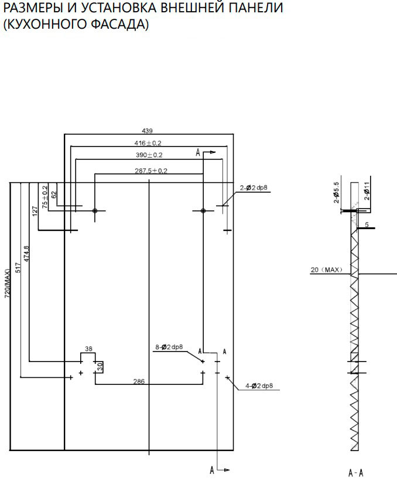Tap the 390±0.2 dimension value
click(149, 155)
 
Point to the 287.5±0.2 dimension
click(151, 171)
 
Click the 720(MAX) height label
click(7, 284)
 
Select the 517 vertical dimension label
click(18, 268)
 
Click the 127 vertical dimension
click(35, 211)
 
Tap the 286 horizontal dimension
click(139, 381)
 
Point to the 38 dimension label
click(88, 349)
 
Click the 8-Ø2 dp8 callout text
click(169, 347)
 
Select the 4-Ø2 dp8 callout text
click(259, 386)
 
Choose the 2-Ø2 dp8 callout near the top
click(254, 188)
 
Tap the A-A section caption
click(356, 472)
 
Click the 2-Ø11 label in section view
click(367, 191)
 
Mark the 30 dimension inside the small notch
click(100, 366)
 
